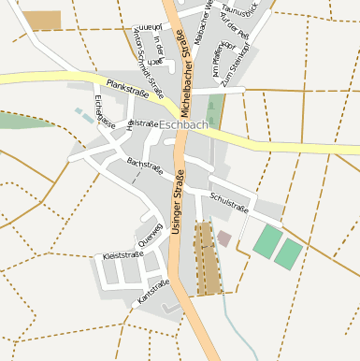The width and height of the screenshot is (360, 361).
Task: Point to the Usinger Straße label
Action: click(177, 208)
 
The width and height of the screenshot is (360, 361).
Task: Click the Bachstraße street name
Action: click(144, 167)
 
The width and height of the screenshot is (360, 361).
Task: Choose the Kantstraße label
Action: click(152, 291)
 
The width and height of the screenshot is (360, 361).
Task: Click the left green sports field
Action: click(267, 241)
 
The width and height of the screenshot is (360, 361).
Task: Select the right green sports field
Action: click(288, 253)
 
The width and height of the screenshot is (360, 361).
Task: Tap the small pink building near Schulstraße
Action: click(224, 239)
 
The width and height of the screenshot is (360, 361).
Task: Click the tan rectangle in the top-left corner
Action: click(41, 20)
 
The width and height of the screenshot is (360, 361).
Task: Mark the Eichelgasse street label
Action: click(105, 110)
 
